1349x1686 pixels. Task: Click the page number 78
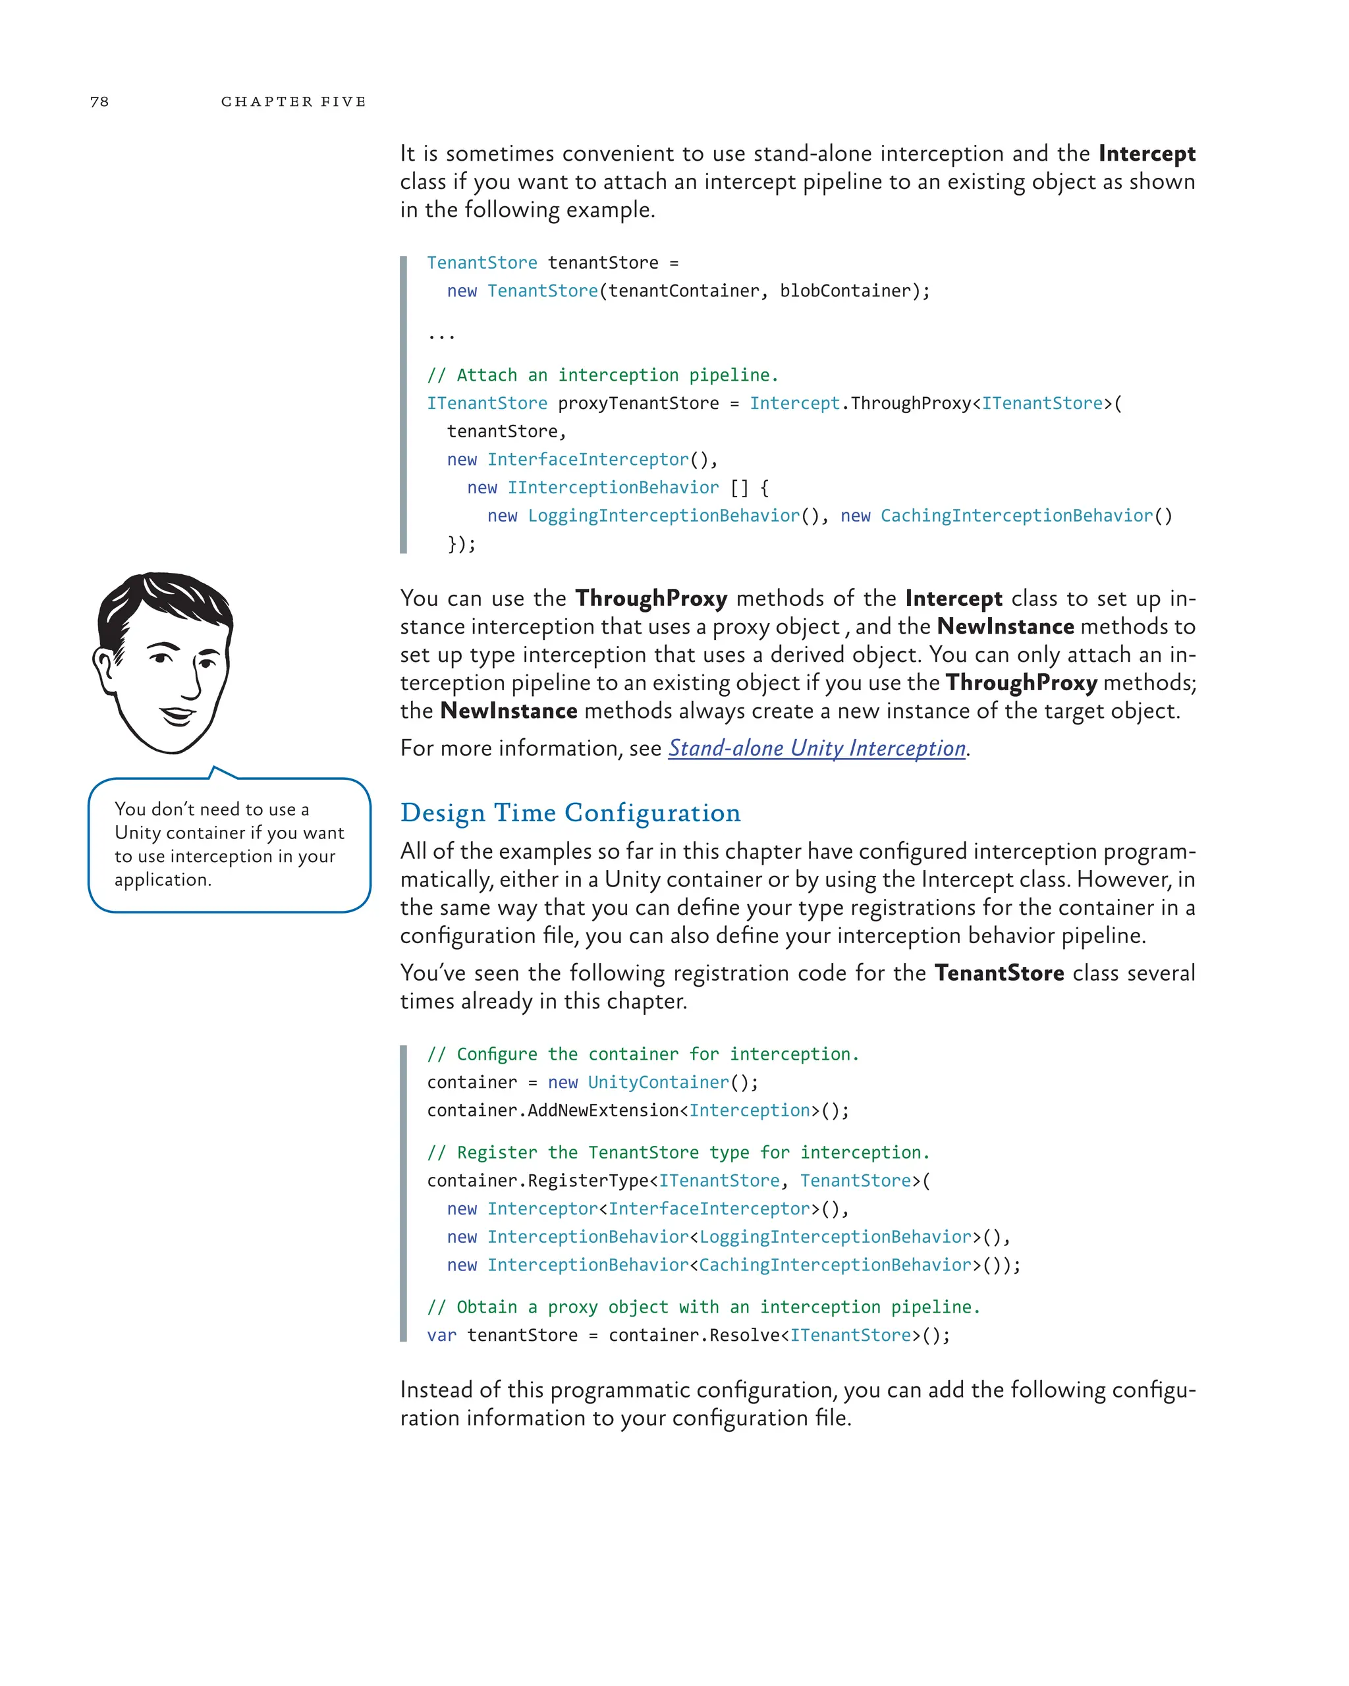pos(99,101)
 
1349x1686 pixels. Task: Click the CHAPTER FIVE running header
pos(293,101)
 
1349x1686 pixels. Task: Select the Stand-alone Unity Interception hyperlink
pos(816,748)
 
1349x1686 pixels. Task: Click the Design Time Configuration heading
pos(570,813)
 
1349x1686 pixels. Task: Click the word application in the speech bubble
pos(162,880)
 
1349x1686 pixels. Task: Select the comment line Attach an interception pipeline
pos(602,375)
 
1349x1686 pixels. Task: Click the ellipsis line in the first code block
pos(441,337)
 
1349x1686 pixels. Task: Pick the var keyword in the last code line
pos(441,1336)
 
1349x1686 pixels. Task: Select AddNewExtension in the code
pos(602,1110)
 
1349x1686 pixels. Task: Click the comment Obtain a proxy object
pos(702,1307)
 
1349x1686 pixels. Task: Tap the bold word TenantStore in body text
pos(999,973)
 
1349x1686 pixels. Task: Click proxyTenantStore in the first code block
pos(638,404)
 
